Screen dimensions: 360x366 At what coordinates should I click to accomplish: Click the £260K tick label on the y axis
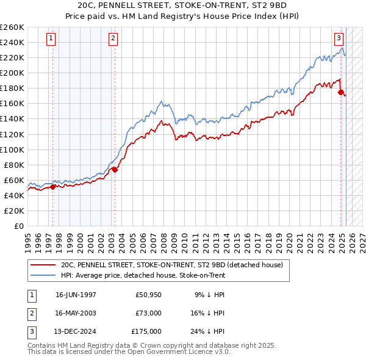click(12, 27)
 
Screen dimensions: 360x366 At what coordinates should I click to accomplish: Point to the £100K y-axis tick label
click(12, 149)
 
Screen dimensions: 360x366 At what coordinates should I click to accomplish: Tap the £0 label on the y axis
click(20, 226)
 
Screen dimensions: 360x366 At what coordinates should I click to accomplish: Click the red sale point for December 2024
click(341, 92)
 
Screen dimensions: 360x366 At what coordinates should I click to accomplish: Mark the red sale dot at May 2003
click(115, 170)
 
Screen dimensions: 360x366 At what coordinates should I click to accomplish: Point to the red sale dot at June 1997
click(52, 187)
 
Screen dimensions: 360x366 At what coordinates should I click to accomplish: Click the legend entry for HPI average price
click(143, 276)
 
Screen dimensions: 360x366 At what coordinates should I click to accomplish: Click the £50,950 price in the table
click(149, 295)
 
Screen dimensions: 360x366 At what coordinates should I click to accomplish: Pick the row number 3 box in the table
click(30, 331)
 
